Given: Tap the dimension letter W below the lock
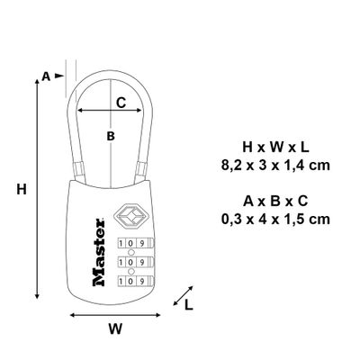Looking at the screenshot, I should [114, 329].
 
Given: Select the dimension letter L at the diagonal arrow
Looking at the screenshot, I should [188, 305].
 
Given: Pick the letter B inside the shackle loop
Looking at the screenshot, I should [111, 136].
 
